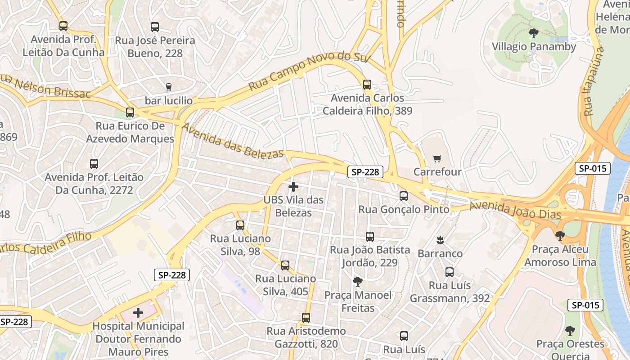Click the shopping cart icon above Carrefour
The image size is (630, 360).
437,158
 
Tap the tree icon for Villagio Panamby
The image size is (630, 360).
533,33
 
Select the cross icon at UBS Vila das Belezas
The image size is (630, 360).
293,186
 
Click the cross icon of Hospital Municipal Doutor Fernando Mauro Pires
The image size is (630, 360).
138,312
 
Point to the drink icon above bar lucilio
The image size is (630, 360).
169,87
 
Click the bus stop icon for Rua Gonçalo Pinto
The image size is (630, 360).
404,196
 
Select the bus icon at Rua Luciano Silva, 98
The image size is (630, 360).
240,225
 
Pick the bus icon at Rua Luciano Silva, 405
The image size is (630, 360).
285,265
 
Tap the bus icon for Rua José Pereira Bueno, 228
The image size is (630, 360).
155,27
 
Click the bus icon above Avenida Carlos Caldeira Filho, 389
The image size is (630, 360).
367,84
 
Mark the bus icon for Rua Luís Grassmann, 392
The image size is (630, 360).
450,272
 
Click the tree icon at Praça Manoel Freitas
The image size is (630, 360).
358,282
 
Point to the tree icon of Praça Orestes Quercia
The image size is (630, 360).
570,331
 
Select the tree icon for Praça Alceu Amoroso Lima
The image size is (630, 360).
560,235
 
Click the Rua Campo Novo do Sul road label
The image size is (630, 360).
309,72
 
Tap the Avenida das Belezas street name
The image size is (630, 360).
233,140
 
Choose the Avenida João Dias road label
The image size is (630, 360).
515,210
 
